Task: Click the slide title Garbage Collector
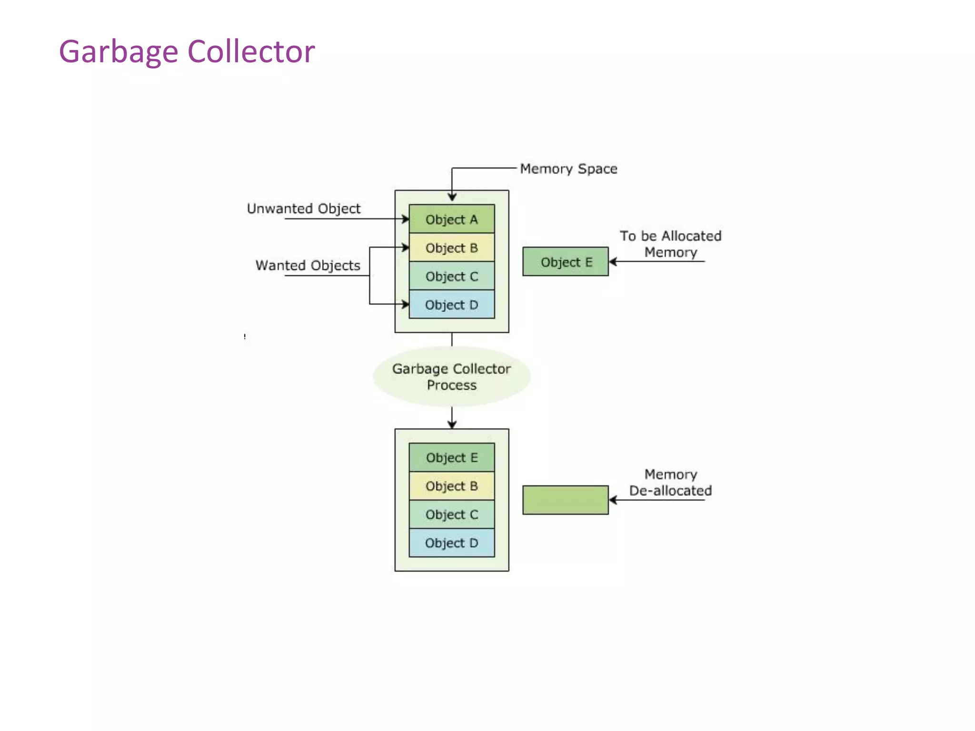pos(187,51)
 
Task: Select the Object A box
pos(451,219)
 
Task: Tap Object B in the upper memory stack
pos(451,247)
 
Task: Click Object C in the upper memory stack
pos(451,276)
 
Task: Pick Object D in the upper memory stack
pos(451,305)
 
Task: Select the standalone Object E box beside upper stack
pos(566,262)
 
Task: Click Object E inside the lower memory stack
pos(451,457)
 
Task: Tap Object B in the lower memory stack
pos(451,486)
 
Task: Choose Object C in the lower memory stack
pos(451,514)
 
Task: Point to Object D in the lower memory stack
pos(451,543)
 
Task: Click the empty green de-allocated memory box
pos(566,500)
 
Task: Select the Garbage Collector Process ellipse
pos(451,376)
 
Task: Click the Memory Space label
pos(568,168)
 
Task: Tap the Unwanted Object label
pos(303,208)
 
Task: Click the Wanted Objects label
pos(308,265)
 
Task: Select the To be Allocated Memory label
pos(670,244)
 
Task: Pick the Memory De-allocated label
pos(670,482)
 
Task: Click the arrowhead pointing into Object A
pos(406,219)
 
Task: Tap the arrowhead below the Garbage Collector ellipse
pos(452,424)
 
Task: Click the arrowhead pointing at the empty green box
pos(613,500)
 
